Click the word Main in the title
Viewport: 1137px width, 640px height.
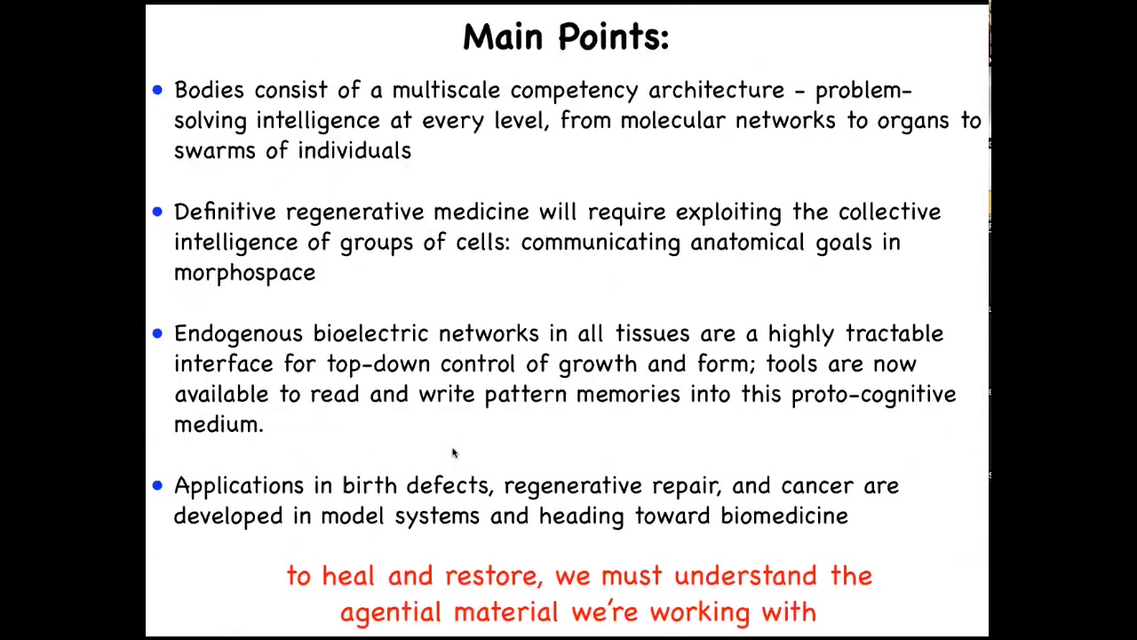[x=503, y=37]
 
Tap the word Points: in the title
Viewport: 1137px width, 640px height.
[x=614, y=37]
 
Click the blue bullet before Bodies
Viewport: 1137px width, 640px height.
[x=157, y=91]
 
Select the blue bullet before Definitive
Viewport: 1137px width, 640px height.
[x=157, y=212]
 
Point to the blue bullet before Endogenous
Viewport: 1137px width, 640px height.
[x=157, y=333]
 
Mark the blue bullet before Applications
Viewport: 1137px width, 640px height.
[x=157, y=485]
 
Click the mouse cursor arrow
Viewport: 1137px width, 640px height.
[x=455, y=453]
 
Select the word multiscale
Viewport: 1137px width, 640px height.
[x=446, y=90]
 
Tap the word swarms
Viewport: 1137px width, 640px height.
[x=215, y=151]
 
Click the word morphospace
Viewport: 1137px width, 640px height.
[x=244, y=273]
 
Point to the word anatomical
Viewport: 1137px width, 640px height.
[x=747, y=243]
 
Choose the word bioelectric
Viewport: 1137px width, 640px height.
[x=370, y=333]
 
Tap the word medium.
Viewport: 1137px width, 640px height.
[x=219, y=425]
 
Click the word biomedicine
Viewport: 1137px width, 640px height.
[x=784, y=516]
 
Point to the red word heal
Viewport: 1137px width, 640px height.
[x=348, y=576]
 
